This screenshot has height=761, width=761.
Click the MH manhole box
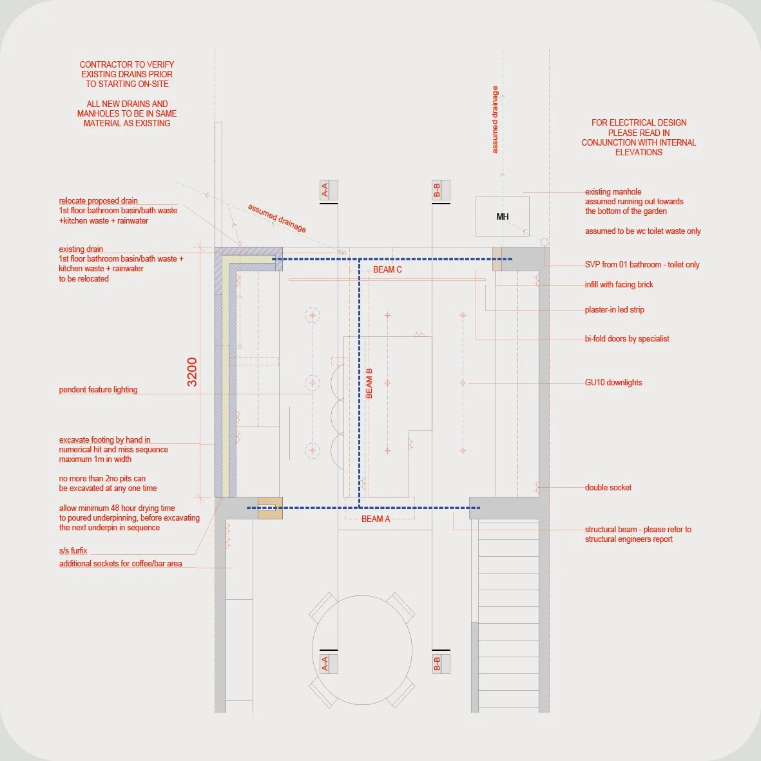[502, 217]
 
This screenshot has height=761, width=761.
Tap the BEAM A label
[376, 519]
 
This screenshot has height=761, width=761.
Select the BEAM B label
[369, 383]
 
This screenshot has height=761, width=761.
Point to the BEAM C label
[387, 269]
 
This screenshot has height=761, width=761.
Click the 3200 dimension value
[192, 372]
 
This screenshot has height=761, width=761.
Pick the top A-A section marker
[325, 190]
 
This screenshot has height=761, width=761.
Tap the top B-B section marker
[438, 190]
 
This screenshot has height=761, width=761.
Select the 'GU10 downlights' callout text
[613, 383]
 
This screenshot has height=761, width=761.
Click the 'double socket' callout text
[608, 488]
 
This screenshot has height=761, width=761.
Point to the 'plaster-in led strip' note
[615, 310]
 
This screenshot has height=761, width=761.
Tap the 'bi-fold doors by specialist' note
[627, 339]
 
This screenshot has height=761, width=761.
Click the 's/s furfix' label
[73, 551]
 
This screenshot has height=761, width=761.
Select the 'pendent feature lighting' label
[98, 390]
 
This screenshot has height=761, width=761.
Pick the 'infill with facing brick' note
[619, 285]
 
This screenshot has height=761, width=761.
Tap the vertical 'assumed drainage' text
[495, 120]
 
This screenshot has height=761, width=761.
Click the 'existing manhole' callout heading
[613, 192]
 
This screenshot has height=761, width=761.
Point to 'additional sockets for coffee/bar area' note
[120, 564]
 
